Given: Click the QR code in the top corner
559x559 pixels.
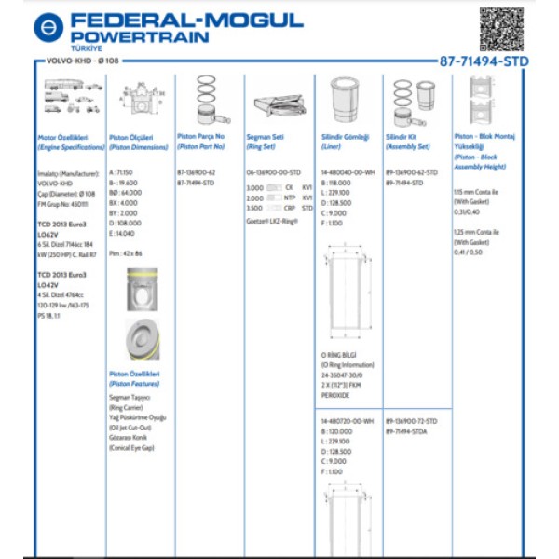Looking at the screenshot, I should pyautogui.click(x=502, y=29).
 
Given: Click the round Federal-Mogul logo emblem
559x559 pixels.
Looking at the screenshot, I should pyautogui.click(x=48, y=26).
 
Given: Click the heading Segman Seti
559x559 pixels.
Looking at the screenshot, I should pyautogui.click(x=258, y=136).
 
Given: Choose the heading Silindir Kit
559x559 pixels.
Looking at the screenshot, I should pyautogui.click(x=402, y=136).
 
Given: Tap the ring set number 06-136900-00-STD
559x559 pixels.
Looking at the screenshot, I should pyautogui.click(x=273, y=172).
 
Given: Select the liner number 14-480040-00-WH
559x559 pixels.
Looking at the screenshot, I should pyautogui.click(x=348, y=172).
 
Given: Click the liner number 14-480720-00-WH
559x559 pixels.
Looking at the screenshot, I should pyautogui.click(x=348, y=421).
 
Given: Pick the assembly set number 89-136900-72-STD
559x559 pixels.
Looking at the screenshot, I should pyautogui.click(x=411, y=421).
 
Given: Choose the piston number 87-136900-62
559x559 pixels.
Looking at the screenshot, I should pyautogui.click(x=197, y=172).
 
